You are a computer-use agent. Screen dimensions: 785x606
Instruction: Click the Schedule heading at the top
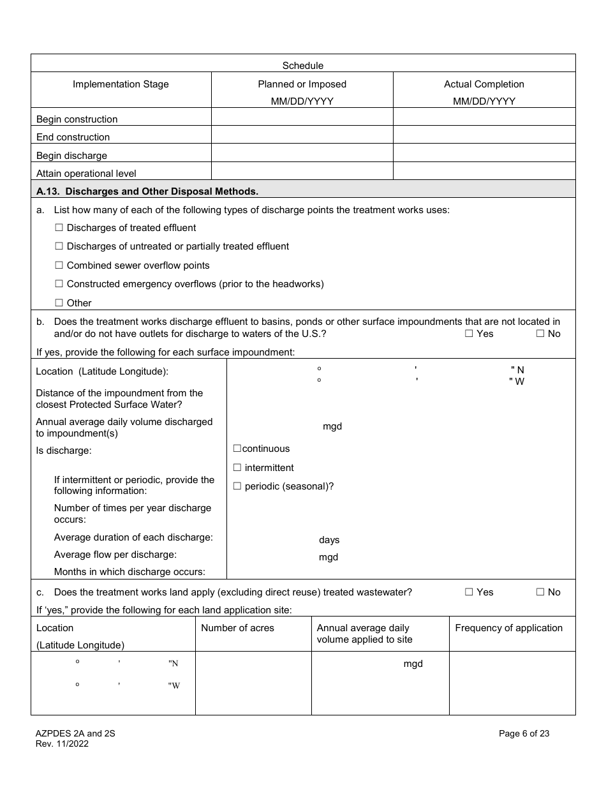coord(303,65)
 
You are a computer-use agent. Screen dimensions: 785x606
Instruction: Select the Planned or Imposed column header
coord(302,84)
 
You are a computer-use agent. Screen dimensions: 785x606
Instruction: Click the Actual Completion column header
coord(484,84)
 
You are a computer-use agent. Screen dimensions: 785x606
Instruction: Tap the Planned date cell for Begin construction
coord(302,119)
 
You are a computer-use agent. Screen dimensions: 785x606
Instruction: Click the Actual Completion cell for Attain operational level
coord(484,173)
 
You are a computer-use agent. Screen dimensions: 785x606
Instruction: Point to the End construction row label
coord(73,137)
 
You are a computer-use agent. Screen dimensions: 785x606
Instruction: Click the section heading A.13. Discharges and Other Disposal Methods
coord(147,191)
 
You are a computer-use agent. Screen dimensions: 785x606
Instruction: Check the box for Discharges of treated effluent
coord(59,228)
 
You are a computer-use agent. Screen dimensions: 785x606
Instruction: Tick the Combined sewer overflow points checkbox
coord(59,265)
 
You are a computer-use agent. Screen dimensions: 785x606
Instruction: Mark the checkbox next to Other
coord(59,303)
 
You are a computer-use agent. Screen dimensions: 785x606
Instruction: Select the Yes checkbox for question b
coord(469,334)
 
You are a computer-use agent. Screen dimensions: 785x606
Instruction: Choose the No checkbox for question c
coord(540,592)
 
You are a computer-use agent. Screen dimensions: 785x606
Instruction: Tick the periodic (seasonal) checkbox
coord(237,486)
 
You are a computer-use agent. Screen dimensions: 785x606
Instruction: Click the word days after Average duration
coord(329,540)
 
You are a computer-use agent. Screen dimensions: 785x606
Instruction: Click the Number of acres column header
coord(237,628)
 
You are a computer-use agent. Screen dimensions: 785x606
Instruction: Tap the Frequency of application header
coord(508,628)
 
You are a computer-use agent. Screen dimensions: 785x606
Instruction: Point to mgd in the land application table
coord(413,664)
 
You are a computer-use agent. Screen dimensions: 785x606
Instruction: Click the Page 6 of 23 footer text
coord(524,734)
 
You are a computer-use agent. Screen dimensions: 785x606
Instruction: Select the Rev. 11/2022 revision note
coord(63,744)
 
